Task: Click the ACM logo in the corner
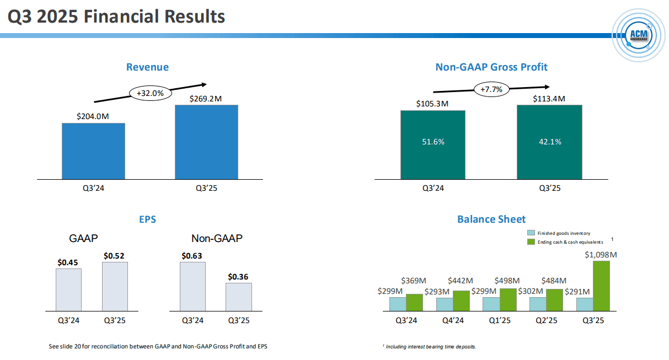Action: pyautogui.click(x=640, y=35)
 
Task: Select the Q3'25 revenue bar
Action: pyautogui.click(x=206, y=142)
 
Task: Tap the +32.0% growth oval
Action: pyautogui.click(x=150, y=93)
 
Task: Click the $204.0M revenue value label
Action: pyautogui.click(x=93, y=117)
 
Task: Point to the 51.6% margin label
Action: pyautogui.click(x=433, y=142)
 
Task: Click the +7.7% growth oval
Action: pyautogui.click(x=491, y=89)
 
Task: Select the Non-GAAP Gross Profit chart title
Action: pyautogui.click(x=491, y=67)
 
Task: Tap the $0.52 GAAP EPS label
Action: pyautogui.click(x=115, y=255)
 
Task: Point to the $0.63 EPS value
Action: pyautogui.click(x=192, y=255)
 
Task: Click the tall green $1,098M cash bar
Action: pyautogui.click(x=601, y=286)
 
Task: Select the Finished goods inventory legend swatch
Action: pyautogui.click(x=531, y=233)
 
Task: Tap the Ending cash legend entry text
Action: pyautogui.click(x=570, y=242)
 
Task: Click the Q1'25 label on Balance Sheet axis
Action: pyautogui.click(x=500, y=319)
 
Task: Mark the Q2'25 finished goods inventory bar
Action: pyautogui.click(x=538, y=304)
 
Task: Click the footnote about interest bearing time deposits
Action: pyautogui.click(x=429, y=347)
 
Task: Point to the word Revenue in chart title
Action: pyautogui.click(x=147, y=67)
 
